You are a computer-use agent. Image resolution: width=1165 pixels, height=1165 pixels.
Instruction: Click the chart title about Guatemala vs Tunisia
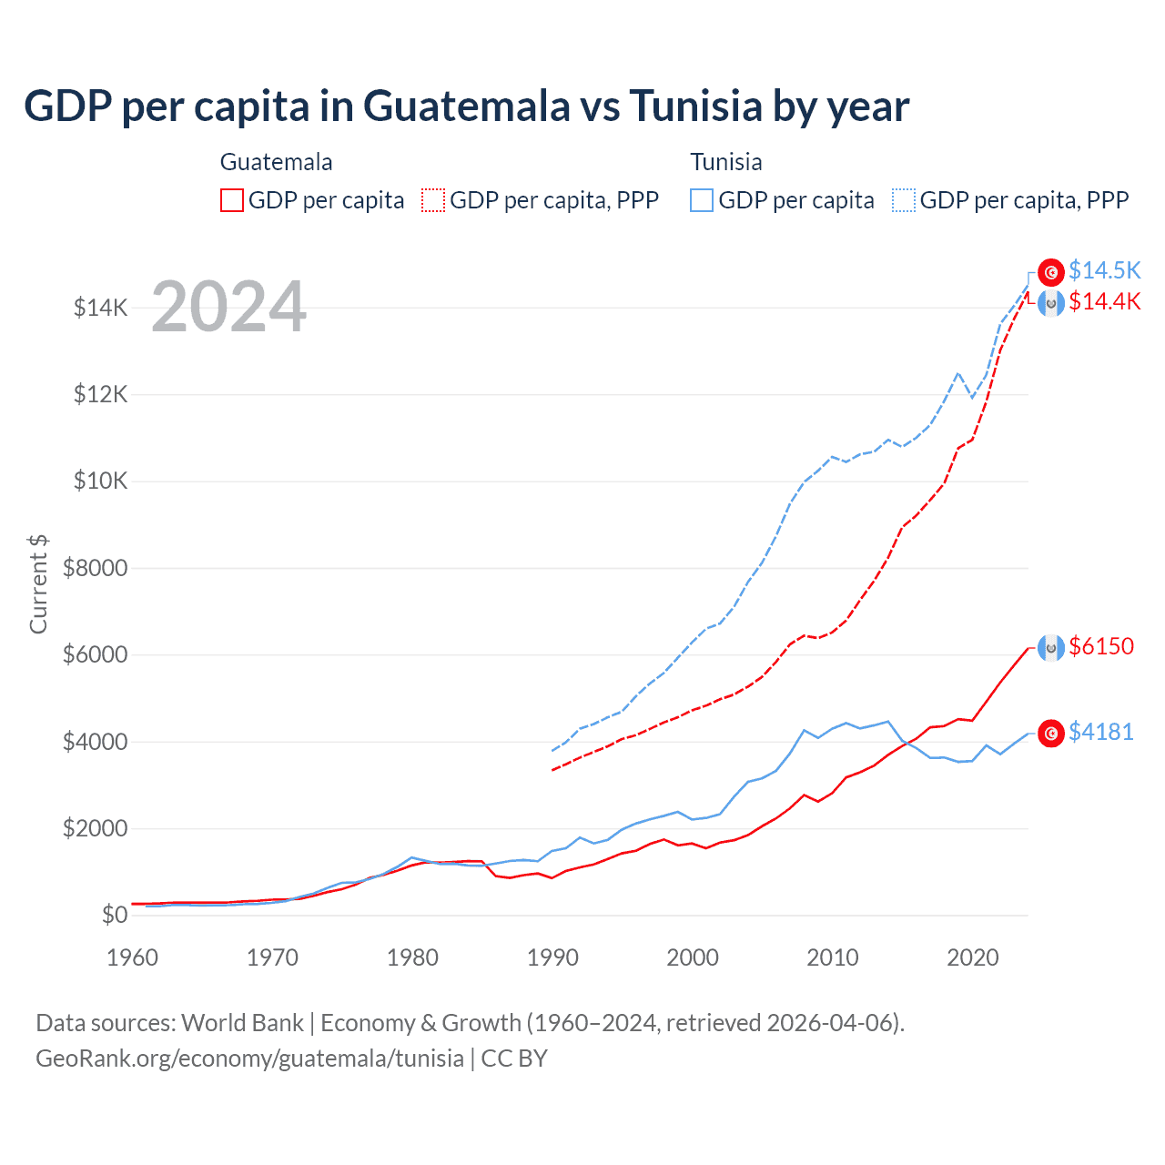[466, 106]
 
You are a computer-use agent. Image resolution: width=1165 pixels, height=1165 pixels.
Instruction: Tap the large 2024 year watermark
[228, 307]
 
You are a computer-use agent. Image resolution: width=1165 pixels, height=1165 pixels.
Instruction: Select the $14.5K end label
[1104, 270]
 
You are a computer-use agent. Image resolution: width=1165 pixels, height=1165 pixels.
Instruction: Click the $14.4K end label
[1104, 301]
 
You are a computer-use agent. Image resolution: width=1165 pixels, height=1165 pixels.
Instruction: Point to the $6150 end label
[1101, 646]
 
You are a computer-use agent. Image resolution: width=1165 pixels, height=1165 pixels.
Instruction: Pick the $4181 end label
[1101, 732]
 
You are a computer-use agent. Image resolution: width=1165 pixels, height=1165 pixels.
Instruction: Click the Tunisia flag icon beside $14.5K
[1051, 271]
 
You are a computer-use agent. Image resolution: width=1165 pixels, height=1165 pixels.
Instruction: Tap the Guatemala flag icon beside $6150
[1051, 647]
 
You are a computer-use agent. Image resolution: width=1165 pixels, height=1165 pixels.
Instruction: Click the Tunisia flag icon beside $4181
[1051, 733]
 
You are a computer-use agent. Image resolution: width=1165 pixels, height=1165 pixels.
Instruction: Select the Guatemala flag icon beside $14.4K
[1051, 303]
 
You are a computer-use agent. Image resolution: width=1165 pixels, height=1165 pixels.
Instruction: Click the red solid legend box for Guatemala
[232, 200]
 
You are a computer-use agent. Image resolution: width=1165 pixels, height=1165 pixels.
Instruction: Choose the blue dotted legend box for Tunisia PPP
[904, 200]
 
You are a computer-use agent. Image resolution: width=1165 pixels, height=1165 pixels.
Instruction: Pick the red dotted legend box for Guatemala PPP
[434, 200]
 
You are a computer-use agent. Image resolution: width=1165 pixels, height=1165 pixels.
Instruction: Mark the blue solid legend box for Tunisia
[702, 200]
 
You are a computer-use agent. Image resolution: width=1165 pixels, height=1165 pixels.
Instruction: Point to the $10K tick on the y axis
[101, 481]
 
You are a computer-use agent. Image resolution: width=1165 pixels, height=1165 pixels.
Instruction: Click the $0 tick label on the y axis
[114, 915]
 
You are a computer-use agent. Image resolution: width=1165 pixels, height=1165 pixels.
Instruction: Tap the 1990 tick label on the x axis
[552, 957]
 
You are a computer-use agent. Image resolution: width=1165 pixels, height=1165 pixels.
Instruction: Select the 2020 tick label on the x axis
[973, 957]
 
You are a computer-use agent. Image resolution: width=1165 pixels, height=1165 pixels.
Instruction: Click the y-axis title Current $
[38, 584]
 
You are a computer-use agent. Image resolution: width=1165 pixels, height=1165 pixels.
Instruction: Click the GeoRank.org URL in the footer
[249, 1059]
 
